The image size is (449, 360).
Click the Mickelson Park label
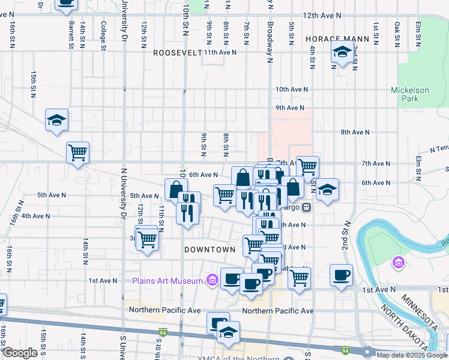[x=410, y=94]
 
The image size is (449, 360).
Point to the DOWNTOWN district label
[x=209, y=249]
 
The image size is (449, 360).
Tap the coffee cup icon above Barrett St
[x=65, y=5]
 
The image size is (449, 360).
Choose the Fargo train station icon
[x=306, y=208]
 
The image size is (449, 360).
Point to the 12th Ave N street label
[x=322, y=14]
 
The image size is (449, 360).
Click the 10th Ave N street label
[x=292, y=89]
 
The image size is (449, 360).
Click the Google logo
[x=20, y=353]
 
